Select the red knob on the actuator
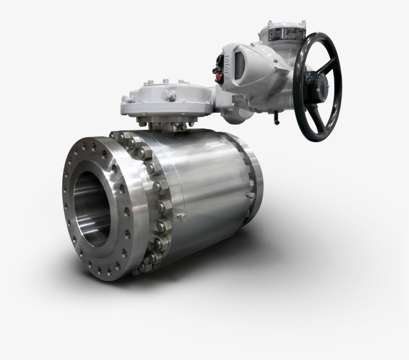point(218,77)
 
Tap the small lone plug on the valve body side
point(181,217)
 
